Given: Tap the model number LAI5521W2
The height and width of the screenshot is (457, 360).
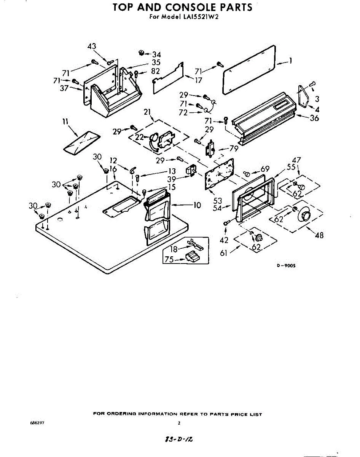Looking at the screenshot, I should [x=202, y=17].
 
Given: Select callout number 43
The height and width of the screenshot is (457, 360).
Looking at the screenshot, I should [x=92, y=46].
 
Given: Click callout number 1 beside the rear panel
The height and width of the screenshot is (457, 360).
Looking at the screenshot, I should [x=290, y=61].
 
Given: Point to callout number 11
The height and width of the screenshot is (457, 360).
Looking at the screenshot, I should [x=65, y=122].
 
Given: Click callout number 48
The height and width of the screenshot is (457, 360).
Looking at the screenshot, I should [x=319, y=235].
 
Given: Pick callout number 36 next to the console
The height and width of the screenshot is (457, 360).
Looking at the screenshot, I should [x=314, y=118].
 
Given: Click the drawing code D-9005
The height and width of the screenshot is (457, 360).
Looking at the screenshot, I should [x=286, y=266].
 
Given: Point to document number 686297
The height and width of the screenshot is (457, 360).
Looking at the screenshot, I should [x=33, y=423].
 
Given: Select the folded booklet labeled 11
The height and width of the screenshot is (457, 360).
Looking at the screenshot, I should [x=82, y=139].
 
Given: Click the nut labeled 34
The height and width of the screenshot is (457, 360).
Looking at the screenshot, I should [x=141, y=52].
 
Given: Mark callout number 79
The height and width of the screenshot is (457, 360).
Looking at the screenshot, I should [x=234, y=149].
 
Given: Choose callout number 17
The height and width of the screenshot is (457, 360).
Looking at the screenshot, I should [x=199, y=80].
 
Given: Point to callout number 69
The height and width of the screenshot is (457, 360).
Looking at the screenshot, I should [x=265, y=169].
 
